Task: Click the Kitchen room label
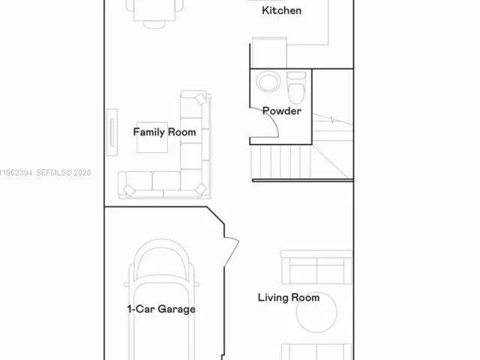(x=281, y=10)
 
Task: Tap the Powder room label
(x=281, y=111)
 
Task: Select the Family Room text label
(x=164, y=132)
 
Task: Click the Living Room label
(x=289, y=298)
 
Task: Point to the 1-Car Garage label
(x=160, y=309)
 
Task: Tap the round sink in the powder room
(x=267, y=81)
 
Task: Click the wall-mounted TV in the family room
(x=112, y=133)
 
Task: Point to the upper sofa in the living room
(x=316, y=266)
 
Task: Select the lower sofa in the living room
(x=316, y=351)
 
